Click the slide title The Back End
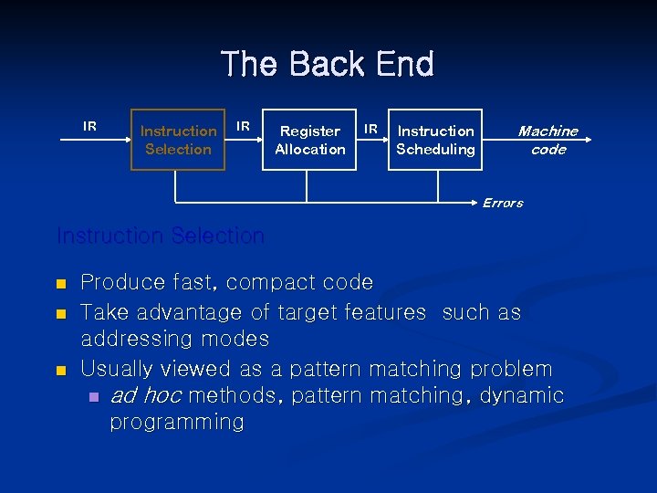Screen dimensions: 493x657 (x=328, y=65)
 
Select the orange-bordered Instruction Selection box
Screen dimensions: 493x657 (x=178, y=141)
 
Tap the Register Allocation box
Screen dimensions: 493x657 (x=310, y=141)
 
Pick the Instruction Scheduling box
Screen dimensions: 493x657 (x=435, y=141)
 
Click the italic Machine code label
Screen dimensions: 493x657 (x=547, y=141)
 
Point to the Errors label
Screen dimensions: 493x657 (x=502, y=203)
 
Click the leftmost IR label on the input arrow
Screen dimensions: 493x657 (x=90, y=126)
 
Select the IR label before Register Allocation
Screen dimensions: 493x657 (x=244, y=125)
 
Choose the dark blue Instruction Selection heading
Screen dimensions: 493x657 (x=161, y=236)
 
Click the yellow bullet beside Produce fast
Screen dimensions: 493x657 (x=61, y=284)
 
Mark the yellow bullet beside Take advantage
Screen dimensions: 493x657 (x=61, y=313)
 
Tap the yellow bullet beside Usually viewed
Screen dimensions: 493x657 (x=61, y=371)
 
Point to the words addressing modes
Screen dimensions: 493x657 (x=175, y=339)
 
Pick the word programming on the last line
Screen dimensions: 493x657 (x=177, y=422)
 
